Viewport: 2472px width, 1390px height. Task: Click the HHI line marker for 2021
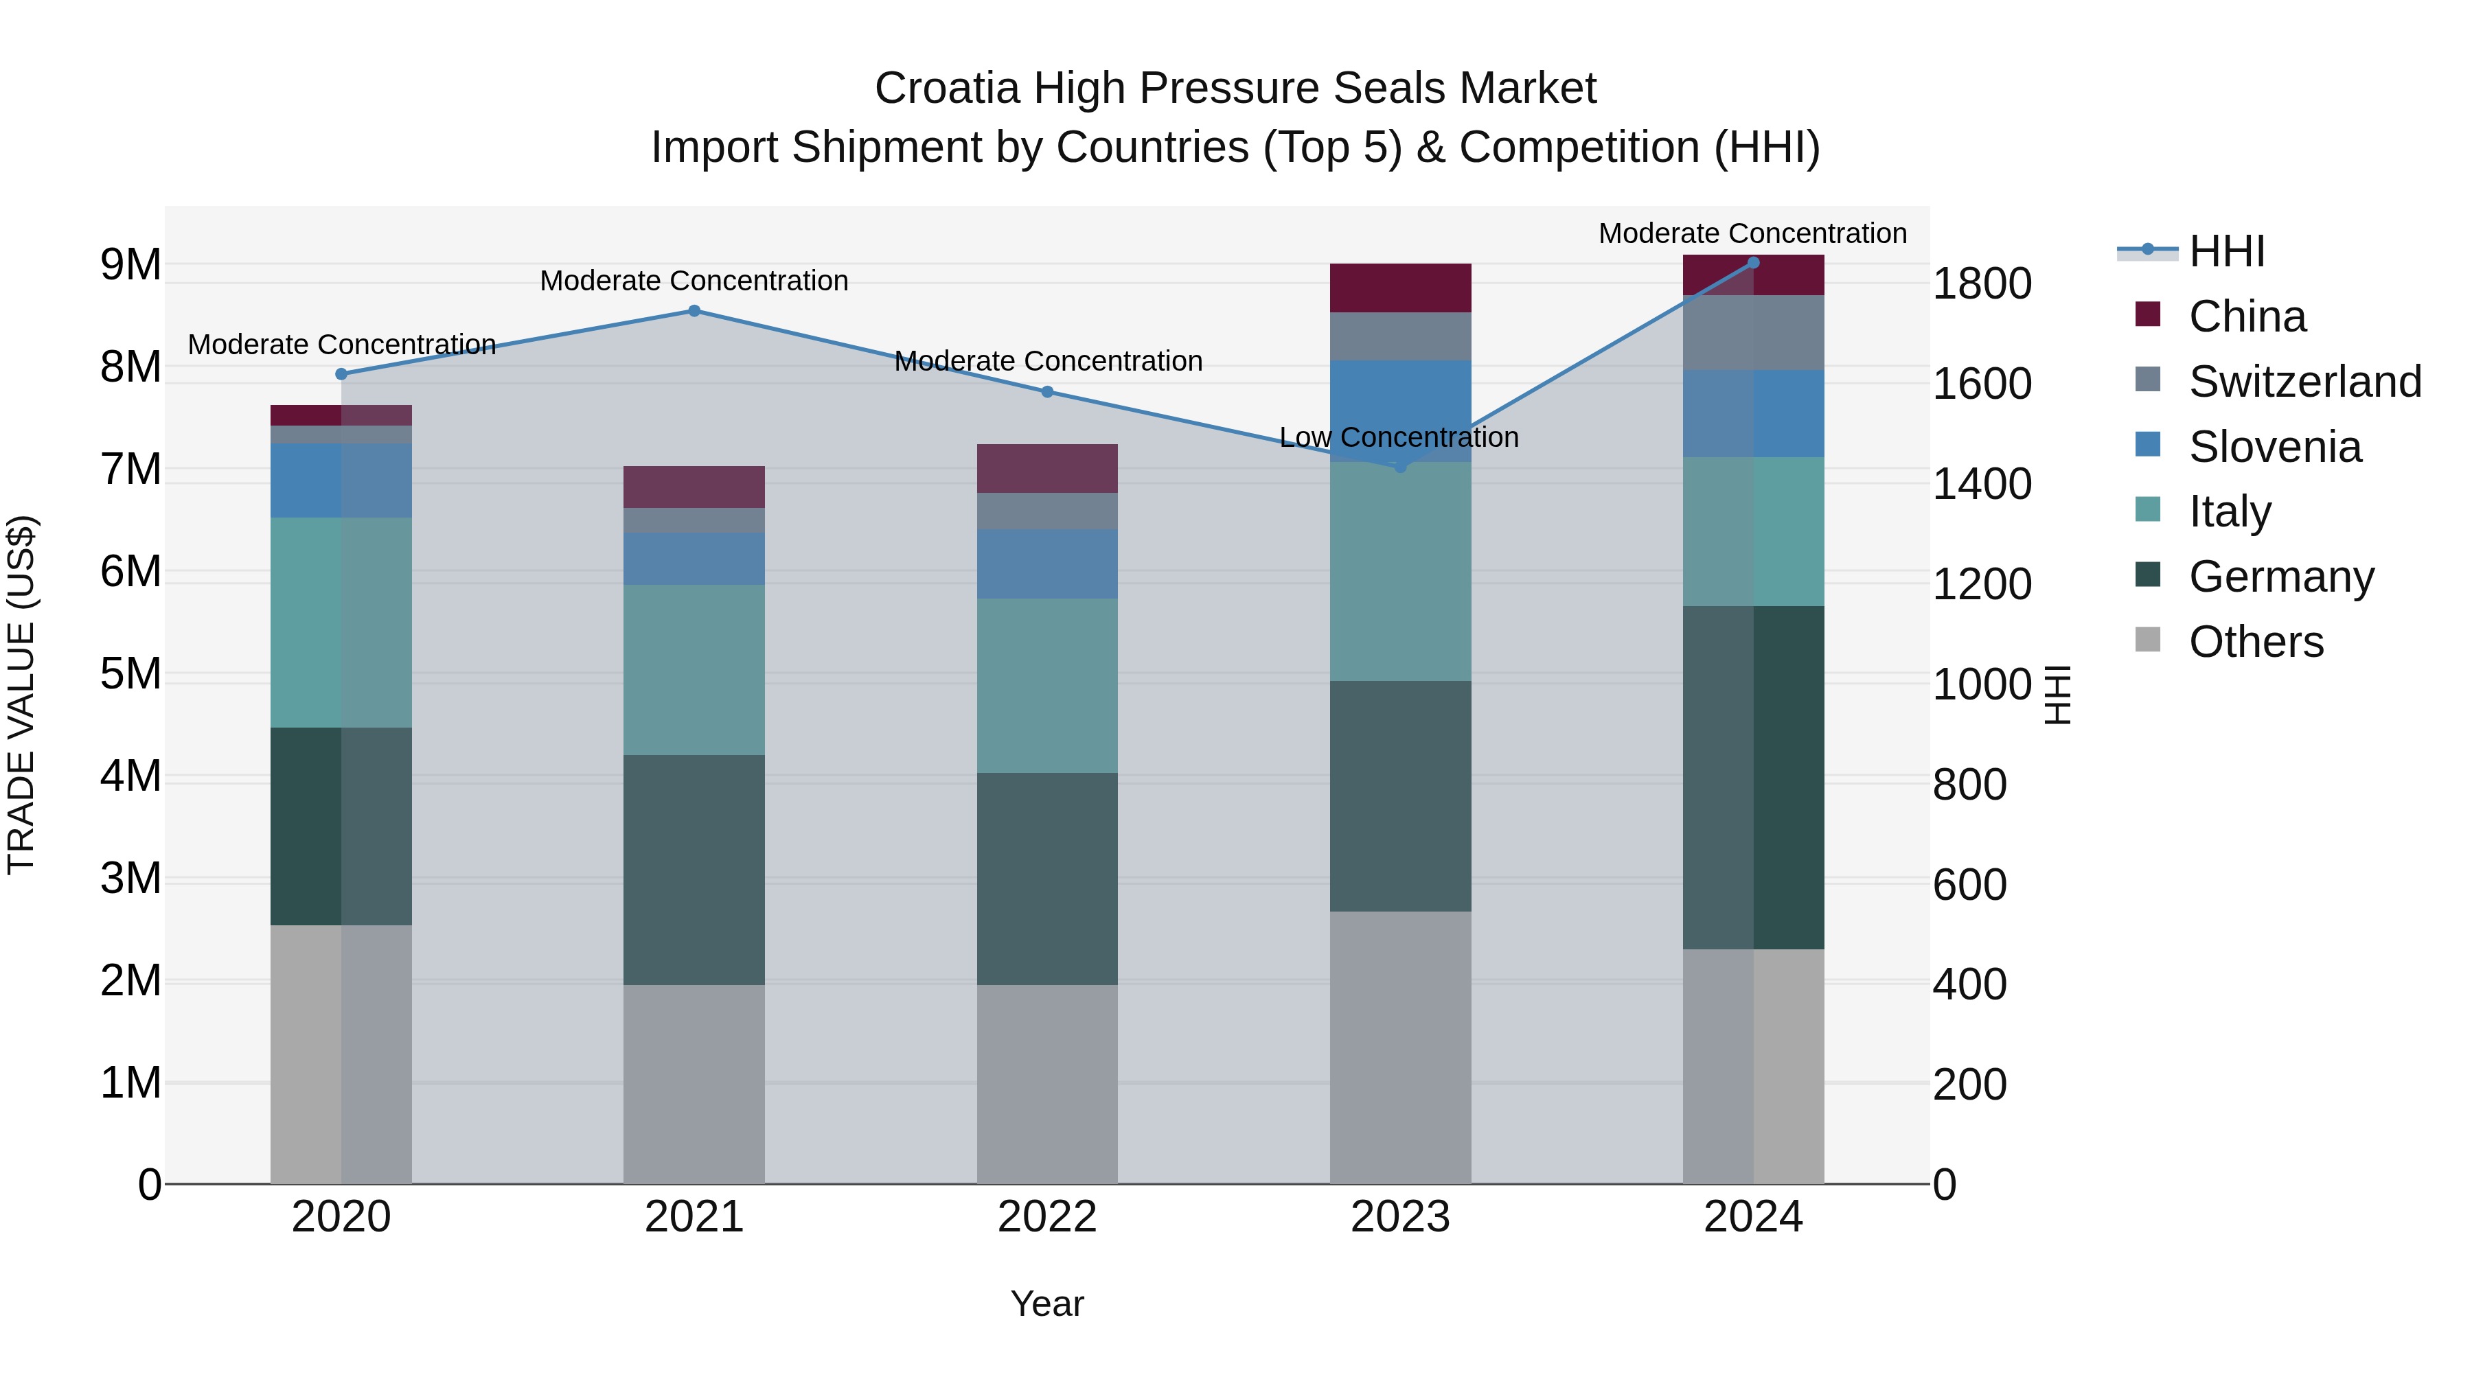click(x=694, y=311)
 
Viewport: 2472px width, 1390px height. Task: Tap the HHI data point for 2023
click(x=1400, y=466)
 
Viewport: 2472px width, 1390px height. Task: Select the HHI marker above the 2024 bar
click(x=1753, y=263)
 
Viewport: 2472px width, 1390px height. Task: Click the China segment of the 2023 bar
click(x=1400, y=288)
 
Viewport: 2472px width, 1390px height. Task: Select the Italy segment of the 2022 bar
click(x=1047, y=685)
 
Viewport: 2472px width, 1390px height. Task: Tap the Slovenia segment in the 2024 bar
click(x=1753, y=413)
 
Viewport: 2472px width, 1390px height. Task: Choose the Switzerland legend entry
click(x=2304, y=382)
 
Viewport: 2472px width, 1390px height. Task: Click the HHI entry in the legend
click(x=2226, y=251)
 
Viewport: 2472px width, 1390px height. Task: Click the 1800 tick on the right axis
click(x=1980, y=284)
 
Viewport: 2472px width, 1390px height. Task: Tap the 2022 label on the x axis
click(x=1047, y=1217)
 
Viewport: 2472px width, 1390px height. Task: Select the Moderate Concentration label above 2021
click(x=694, y=281)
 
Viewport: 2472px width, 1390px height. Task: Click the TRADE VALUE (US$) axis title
click(x=21, y=695)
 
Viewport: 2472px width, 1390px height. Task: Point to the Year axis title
click(x=1047, y=1304)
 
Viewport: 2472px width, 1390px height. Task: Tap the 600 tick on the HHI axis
click(x=1969, y=885)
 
